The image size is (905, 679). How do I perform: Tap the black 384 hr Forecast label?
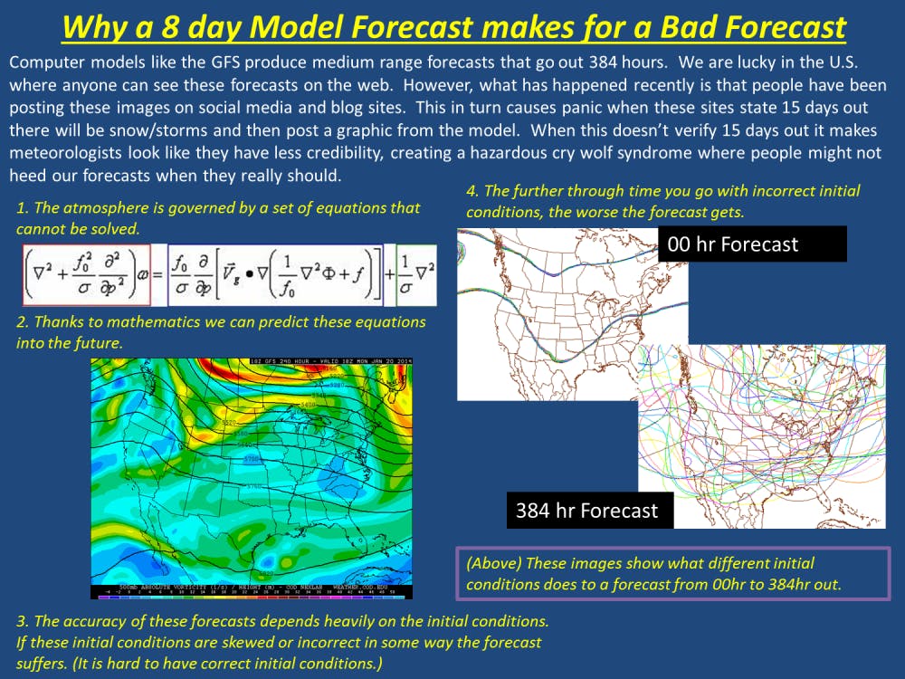(586, 511)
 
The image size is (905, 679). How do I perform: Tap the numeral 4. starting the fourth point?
(472, 191)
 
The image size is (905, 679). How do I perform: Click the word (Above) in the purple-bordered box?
(493, 563)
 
